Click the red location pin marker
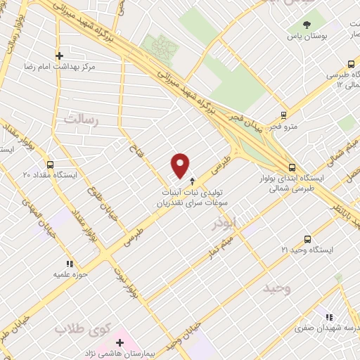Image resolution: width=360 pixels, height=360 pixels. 181,165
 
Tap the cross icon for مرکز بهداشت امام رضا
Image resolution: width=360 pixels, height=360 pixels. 59,56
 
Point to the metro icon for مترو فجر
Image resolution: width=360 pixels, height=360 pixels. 283,115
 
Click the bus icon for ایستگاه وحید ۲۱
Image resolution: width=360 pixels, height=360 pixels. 307,240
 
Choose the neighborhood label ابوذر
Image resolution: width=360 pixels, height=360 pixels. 225,223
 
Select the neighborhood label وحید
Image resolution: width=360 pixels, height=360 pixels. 276,288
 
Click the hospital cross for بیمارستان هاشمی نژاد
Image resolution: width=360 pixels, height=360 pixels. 120,342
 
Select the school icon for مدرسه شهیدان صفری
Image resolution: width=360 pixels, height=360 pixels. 329,316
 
